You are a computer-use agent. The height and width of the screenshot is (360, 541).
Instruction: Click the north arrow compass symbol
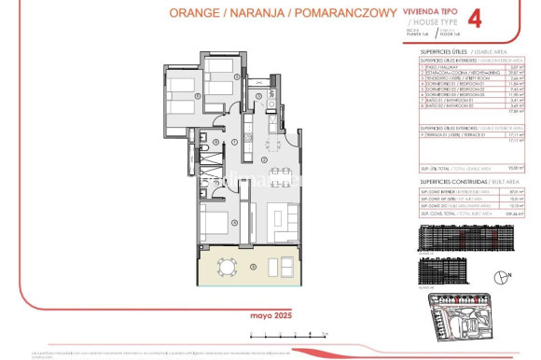point(504,277)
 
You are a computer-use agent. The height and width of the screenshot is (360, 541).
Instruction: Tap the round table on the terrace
point(227,269)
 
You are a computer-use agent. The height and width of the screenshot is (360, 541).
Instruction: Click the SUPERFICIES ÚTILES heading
point(442,51)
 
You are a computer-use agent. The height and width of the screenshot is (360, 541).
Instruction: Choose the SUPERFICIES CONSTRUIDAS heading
point(448,181)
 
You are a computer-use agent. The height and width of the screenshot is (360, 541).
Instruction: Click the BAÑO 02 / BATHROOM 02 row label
point(451,108)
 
